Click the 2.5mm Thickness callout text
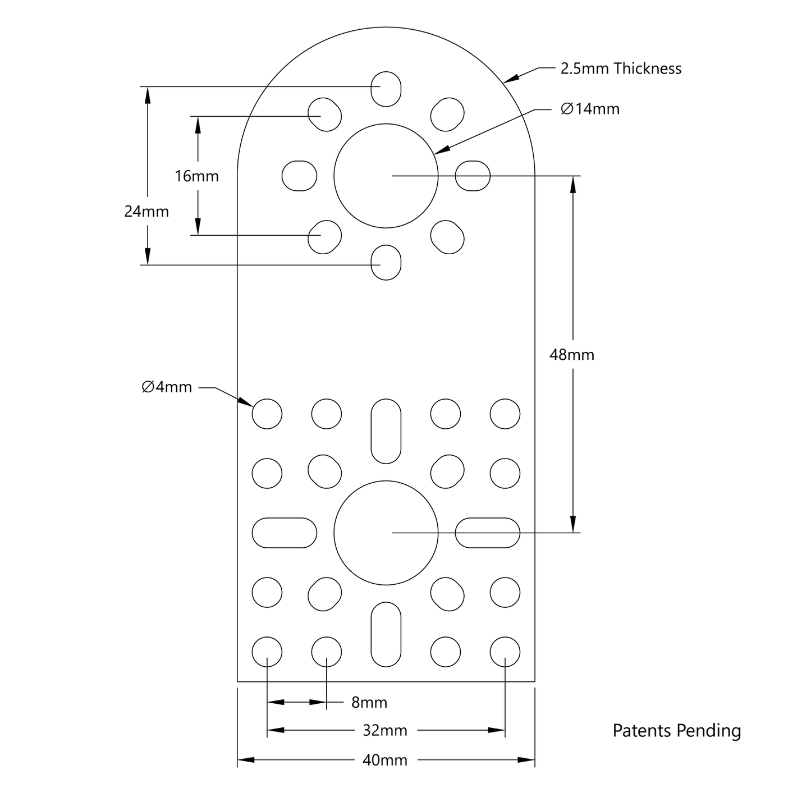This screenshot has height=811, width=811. pos(621,68)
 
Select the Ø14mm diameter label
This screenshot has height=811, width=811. pos(590,109)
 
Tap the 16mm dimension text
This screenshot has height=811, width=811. pos(196,176)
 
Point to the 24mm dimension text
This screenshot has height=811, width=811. pos(146,212)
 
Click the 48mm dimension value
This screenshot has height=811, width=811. pos(571,355)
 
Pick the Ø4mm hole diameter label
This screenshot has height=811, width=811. pos(167,387)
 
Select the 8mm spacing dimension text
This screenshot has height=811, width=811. pos(369,703)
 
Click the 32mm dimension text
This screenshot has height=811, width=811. pos(384,731)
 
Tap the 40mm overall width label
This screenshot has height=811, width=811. pos(384,760)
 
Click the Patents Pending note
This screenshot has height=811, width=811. pos(676,731)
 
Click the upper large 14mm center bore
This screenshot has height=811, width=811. pos(386,176)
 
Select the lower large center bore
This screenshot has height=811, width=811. pos(386,533)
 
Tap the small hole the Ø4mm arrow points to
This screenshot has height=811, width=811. pos(267,414)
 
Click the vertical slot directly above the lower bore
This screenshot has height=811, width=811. pos(386,431)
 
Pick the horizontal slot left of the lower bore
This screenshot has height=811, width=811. pos(285,533)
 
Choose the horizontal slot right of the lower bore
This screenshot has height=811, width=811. pos(487,533)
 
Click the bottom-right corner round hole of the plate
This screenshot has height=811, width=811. pos(505,652)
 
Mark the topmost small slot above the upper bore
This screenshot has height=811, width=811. pos(386,89)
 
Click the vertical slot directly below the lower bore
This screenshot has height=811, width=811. pos(386,634)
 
